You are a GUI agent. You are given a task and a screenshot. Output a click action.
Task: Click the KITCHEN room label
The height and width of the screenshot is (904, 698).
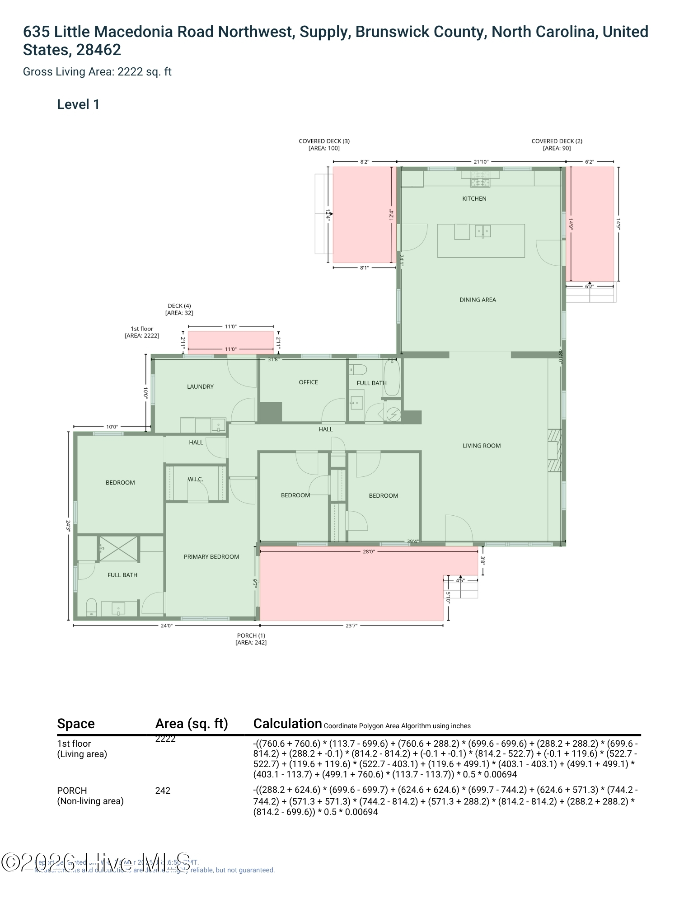(x=474, y=198)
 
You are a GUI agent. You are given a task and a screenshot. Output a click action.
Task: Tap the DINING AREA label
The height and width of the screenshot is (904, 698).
(x=478, y=300)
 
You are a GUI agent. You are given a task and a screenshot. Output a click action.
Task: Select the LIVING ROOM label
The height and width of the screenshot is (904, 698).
(x=482, y=446)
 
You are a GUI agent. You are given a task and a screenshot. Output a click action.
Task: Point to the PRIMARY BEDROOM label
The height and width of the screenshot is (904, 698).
(x=211, y=557)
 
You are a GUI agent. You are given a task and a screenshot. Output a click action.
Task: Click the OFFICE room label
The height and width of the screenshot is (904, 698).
(x=308, y=382)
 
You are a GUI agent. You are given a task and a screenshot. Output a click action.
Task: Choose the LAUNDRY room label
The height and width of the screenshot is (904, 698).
(x=200, y=386)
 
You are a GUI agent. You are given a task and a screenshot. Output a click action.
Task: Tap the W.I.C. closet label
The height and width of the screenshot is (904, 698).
(x=195, y=479)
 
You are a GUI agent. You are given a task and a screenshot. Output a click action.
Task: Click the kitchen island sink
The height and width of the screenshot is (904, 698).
(x=483, y=231)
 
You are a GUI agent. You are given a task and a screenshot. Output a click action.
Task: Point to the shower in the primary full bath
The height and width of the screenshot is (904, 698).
(x=118, y=549)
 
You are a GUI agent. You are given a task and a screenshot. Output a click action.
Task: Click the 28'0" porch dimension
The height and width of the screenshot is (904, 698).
(x=369, y=551)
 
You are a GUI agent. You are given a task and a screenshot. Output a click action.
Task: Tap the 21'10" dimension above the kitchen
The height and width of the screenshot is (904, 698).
(x=481, y=162)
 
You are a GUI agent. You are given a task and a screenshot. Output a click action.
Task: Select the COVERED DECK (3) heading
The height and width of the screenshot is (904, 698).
(x=324, y=141)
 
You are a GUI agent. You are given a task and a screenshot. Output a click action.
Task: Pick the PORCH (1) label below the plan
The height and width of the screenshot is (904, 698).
(x=251, y=636)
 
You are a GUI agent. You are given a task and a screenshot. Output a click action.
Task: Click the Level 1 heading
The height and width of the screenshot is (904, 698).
(x=78, y=104)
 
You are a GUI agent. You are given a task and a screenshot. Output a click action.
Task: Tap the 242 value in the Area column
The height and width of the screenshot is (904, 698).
(x=163, y=791)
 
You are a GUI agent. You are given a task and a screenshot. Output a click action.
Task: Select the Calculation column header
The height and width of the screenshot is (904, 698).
(x=287, y=724)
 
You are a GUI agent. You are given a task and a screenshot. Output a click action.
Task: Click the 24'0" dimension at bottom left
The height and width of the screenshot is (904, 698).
(x=166, y=626)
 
